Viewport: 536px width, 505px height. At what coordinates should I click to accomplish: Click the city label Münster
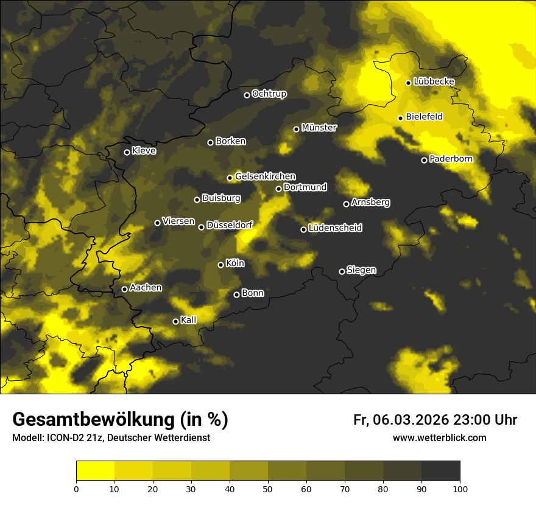[x=319, y=128]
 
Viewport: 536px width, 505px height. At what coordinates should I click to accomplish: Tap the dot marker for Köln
[x=220, y=265]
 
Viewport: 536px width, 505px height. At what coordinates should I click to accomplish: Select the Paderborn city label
[x=451, y=159]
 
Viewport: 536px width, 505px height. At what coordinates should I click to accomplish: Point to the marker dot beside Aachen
[x=124, y=289]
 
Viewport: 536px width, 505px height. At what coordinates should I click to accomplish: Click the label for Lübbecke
[x=434, y=82]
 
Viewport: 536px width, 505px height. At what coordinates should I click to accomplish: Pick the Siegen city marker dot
[x=342, y=271]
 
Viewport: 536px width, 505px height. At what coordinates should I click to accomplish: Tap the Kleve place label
[x=144, y=151]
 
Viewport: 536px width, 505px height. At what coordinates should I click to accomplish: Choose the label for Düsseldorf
[x=230, y=226]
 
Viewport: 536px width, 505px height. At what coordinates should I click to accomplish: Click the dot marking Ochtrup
[x=247, y=95]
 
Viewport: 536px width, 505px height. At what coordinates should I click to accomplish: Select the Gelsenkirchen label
[x=266, y=176]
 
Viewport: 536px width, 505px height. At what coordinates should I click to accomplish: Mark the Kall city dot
[x=175, y=321]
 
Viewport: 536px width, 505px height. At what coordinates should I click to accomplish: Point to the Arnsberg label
[x=371, y=203]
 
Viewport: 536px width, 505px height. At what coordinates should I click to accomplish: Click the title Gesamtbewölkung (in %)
[x=120, y=420]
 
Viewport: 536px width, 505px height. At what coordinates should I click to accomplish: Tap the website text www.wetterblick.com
[x=440, y=437]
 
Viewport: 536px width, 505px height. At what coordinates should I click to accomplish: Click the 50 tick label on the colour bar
[x=268, y=488]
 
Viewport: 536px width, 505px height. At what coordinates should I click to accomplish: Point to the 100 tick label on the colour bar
[x=460, y=488]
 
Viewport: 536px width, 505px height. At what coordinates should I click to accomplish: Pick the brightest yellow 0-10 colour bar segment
[x=95, y=471]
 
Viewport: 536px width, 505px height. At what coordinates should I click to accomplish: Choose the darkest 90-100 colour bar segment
[x=440, y=471]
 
